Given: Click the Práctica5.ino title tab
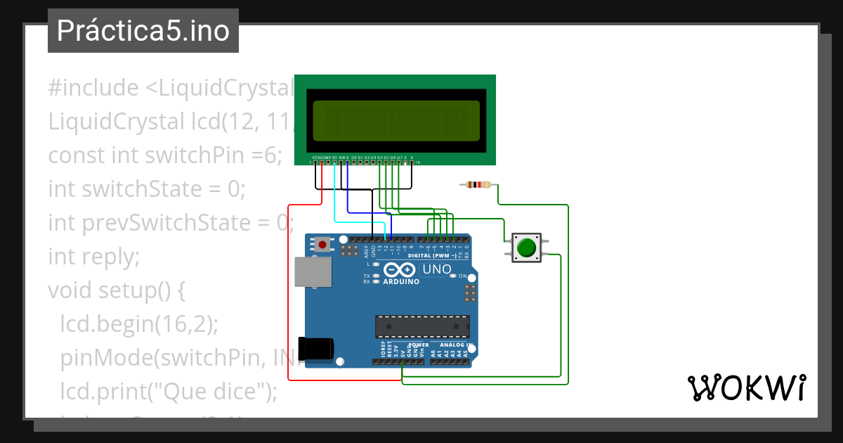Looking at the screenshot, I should [143, 31].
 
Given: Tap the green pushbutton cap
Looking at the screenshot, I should [525, 248].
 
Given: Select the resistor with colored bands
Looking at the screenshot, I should [478, 185].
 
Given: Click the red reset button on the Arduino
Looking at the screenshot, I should [322, 245].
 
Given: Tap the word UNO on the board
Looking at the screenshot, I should [436, 269].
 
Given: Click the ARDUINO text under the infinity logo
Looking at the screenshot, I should [401, 281].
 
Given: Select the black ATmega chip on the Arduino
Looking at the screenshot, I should [421, 327].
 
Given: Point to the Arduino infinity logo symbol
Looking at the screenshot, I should [400, 270].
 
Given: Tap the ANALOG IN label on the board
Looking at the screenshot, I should [455, 345].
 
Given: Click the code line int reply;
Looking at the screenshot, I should [94, 257].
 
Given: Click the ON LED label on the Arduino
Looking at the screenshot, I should [462, 276].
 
